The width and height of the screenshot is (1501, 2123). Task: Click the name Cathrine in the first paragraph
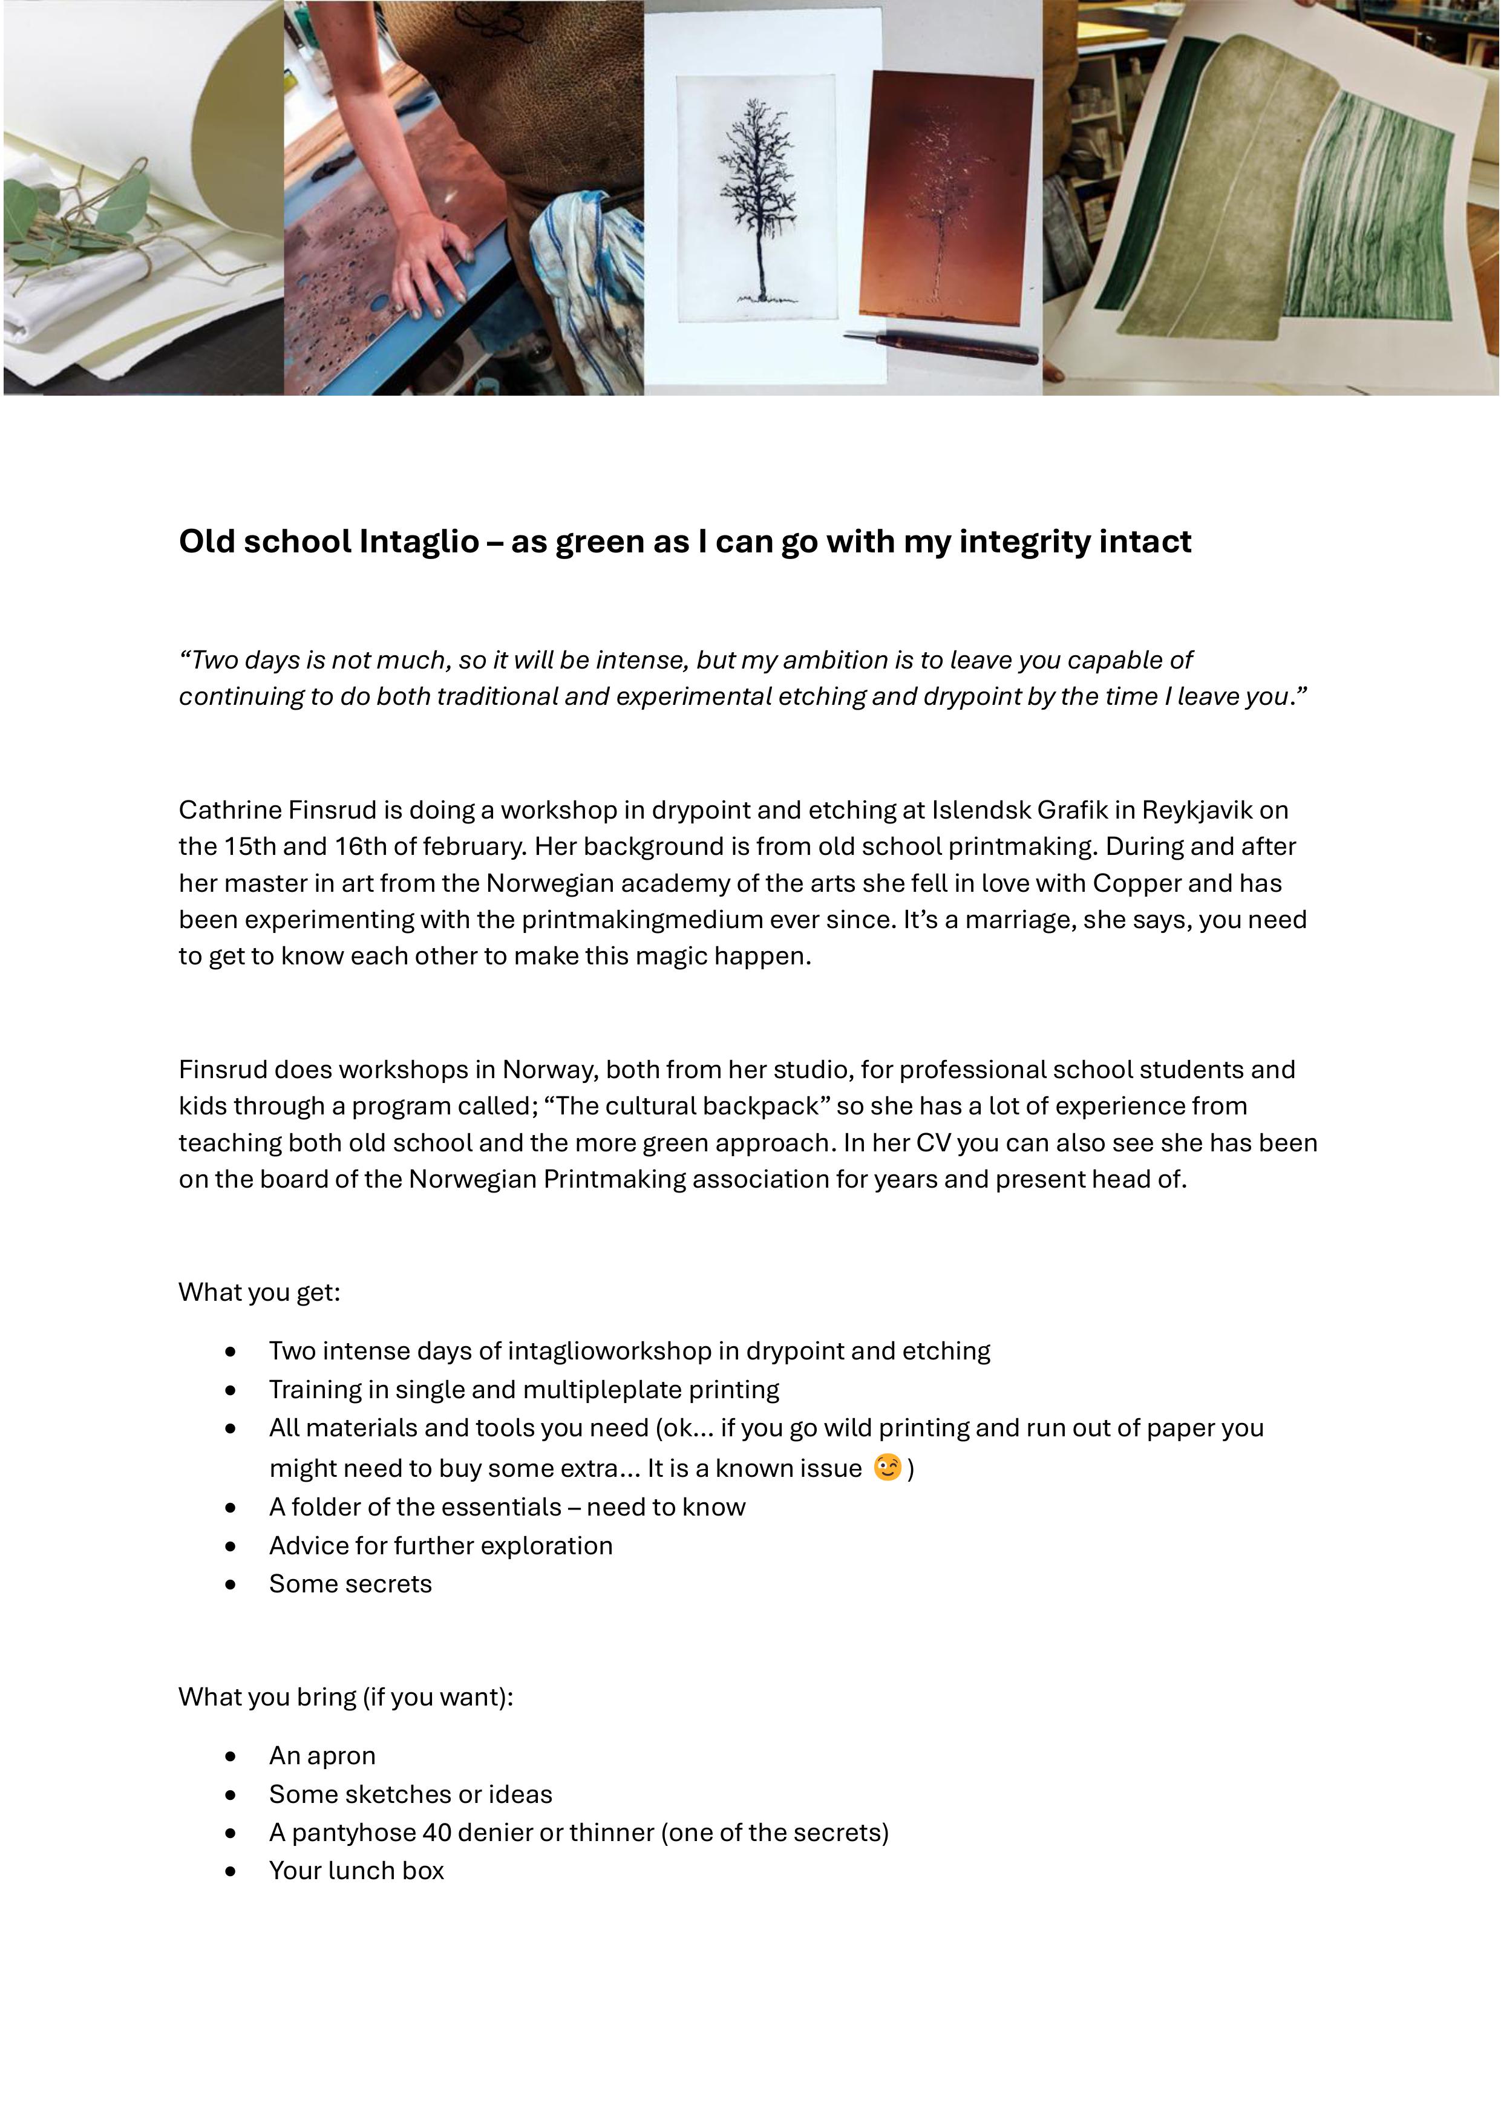(229, 810)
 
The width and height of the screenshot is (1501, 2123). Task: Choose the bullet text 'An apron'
(322, 1756)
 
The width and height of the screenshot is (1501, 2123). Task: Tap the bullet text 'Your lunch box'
(356, 1871)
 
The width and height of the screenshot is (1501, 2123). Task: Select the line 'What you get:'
(259, 1293)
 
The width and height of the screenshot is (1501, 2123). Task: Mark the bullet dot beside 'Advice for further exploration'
(231, 1546)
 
